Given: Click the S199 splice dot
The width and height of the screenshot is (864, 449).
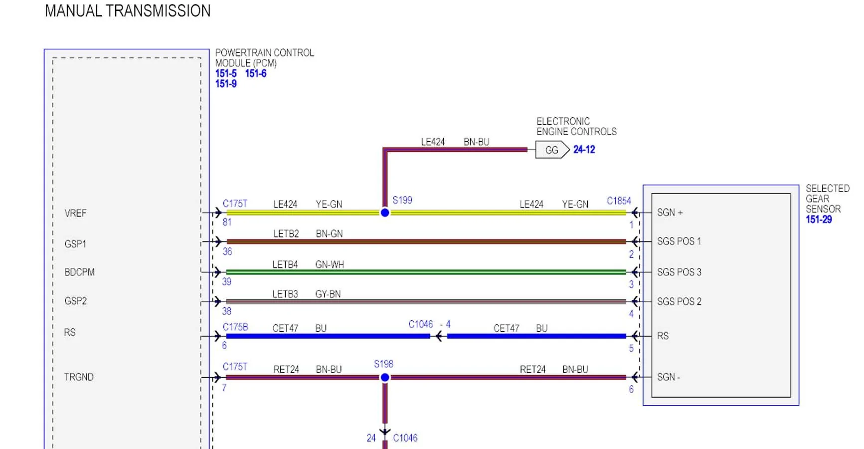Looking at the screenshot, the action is tap(385, 213).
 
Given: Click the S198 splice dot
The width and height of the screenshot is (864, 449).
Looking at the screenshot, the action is tap(385, 378).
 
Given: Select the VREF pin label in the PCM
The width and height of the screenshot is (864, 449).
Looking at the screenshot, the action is tap(75, 214).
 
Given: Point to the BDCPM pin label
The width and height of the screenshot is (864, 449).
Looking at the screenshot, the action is tap(79, 272).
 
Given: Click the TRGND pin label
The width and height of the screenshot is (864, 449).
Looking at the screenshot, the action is tap(79, 377).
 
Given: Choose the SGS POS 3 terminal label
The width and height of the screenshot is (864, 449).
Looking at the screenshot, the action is tap(679, 272).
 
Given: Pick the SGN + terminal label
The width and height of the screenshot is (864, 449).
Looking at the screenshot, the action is tap(670, 213).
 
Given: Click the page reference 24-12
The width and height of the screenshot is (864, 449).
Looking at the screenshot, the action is tap(584, 150).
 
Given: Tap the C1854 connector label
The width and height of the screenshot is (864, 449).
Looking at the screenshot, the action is tap(619, 201).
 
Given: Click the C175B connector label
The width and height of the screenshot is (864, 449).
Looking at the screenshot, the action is tap(235, 327).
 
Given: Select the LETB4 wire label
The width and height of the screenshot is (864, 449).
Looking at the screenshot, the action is tap(285, 264).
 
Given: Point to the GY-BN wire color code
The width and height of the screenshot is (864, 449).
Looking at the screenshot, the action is tap(328, 294).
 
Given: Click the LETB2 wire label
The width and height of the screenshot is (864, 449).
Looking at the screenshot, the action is tap(286, 233).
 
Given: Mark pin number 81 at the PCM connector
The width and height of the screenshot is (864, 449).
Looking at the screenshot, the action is tap(227, 222).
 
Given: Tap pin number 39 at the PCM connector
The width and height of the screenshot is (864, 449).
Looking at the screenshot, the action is tap(227, 281).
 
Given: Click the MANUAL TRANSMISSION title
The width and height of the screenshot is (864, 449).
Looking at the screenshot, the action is tap(128, 11).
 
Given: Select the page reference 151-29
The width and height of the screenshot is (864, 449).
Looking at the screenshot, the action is tap(819, 220).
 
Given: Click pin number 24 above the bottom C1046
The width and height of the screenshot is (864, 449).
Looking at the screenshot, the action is tap(371, 438).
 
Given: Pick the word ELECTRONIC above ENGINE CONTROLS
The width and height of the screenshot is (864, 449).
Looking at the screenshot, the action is tap(563, 121).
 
